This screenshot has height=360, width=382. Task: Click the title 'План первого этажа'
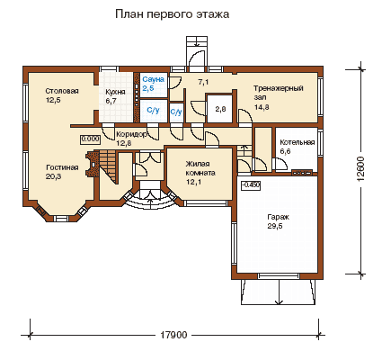173,14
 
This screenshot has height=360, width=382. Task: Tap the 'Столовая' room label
62,91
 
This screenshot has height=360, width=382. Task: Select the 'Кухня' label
115,92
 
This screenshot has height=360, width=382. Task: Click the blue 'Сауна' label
153,79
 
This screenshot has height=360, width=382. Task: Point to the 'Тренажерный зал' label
279,93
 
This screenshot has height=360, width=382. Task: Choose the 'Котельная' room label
298,142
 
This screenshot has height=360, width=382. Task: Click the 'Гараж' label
279,217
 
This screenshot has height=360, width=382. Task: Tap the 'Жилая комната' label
200,168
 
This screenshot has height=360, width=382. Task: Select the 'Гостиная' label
62,167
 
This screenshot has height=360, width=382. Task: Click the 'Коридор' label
131,134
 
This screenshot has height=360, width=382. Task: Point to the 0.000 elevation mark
90,139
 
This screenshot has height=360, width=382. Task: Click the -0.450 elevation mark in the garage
251,185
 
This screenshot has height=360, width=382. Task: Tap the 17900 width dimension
173,335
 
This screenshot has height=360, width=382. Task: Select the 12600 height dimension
361,168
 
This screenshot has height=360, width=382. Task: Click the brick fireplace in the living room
93,164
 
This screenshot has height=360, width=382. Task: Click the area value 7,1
203,82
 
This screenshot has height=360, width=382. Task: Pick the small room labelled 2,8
220,109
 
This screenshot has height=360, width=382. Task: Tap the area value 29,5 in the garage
275,226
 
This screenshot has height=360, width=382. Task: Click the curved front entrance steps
150,201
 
